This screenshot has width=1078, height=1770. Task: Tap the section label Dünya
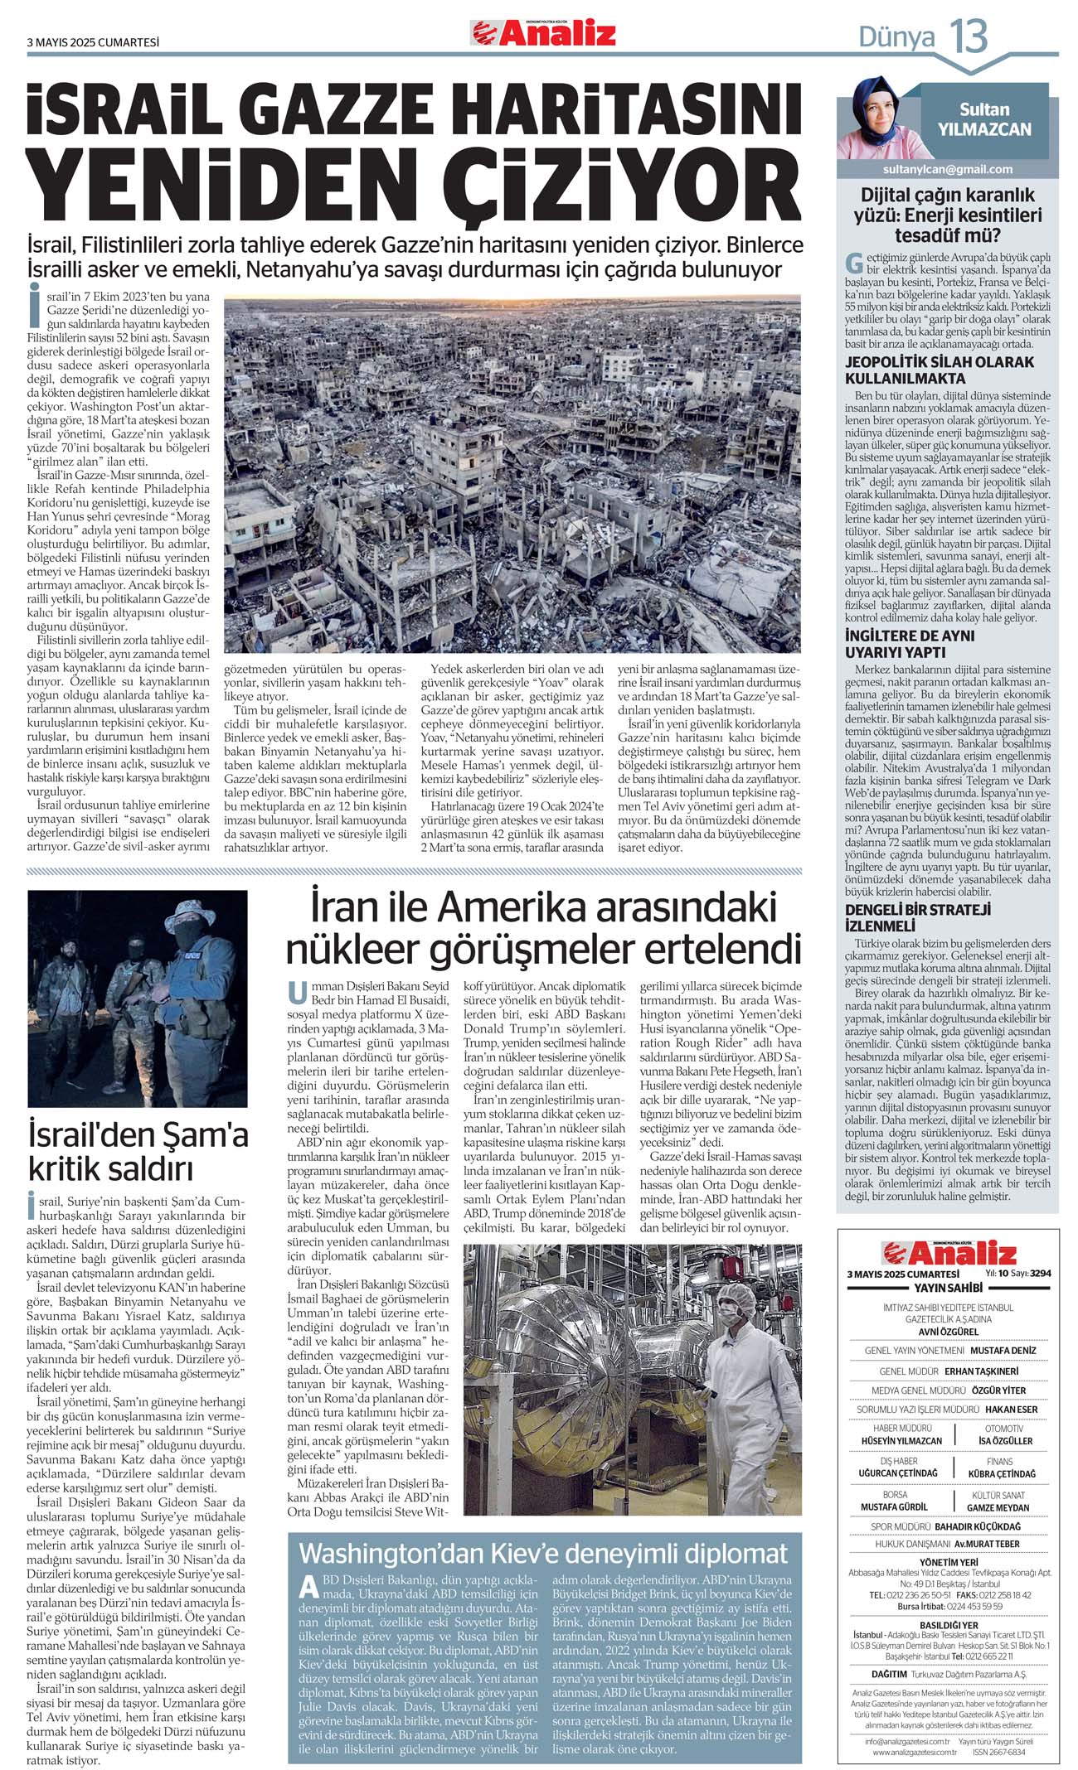pyautogui.click(x=896, y=37)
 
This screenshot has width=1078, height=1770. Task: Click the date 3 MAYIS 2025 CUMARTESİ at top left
pyautogui.click(x=93, y=42)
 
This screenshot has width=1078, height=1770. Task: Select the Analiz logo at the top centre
pyautogui.click(x=544, y=33)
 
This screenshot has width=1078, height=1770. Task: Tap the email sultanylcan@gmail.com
pyautogui.click(x=948, y=169)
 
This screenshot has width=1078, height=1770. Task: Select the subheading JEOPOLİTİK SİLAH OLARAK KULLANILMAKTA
pyautogui.click(x=940, y=370)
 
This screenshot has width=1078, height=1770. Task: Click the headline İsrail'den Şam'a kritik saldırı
pyautogui.click(x=138, y=1151)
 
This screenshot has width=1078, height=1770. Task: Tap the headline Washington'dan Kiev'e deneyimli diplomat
pyautogui.click(x=543, y=1552)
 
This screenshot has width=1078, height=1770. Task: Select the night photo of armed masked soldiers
pyautogui.click(x=138, y=999)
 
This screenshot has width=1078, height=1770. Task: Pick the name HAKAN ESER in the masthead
pyautogui.click(x=1011, y=1410)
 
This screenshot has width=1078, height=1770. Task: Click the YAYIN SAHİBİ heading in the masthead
pyautogui.click(x=948, y=1288)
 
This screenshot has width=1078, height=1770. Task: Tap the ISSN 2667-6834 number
pyautogui.click(x=998, y=1753)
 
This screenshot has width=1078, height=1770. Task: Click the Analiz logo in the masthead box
pyautogui.click(x=948, y=1252)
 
